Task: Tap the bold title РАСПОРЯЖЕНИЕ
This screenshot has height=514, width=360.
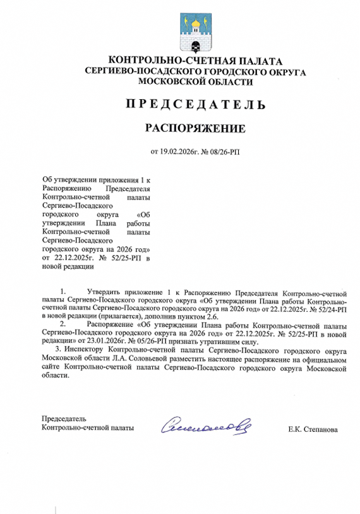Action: click(x=195, y=129)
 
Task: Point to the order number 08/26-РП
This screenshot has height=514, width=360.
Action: click(x=223, y=152)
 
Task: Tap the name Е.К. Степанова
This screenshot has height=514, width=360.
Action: click(x=313, y=430)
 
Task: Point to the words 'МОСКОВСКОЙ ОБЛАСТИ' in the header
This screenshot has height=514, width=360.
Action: click(x=195, y=82)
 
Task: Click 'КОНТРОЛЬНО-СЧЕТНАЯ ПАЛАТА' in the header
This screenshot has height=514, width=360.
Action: click(x=195, y=61)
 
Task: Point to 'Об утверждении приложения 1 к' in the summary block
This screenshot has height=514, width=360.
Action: click(x=96, y=180)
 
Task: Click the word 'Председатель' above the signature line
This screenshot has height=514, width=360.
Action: click(x=64, y=419)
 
